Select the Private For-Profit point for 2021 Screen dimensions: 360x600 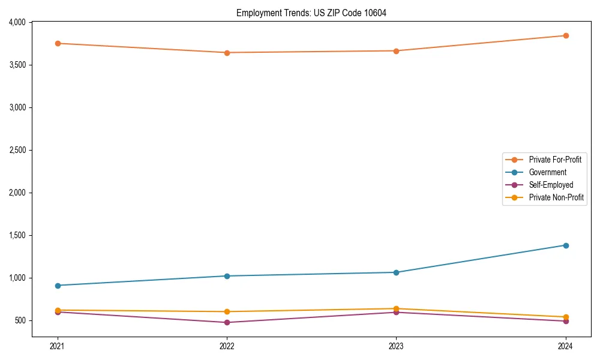click(58, 43)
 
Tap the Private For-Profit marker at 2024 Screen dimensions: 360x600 click(566, 35)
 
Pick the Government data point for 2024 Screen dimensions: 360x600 click(566, 245)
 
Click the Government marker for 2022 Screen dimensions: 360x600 click(227, 276)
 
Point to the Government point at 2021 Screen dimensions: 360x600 click(58, 286)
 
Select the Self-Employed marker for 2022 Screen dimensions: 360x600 click(227, 322)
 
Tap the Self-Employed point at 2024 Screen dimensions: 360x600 click(566, 321)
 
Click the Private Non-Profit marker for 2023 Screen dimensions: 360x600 click(396, 308)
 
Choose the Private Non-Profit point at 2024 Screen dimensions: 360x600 click(566, 317)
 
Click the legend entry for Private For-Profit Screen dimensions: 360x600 click(554, 160)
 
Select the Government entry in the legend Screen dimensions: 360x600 click(547, 172)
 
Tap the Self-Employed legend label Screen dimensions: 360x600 click(551, 185)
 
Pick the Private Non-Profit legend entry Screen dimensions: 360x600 click(556, 197)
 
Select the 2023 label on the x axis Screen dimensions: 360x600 click(396, 346)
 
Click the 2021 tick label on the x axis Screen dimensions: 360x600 click(58, 346)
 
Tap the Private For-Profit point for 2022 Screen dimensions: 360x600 click(227, 53)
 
